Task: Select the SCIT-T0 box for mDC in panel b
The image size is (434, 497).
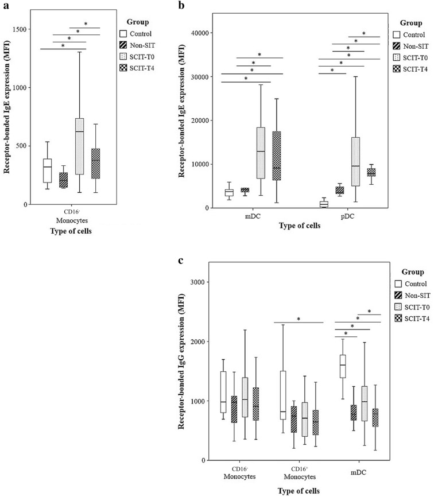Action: tap(261, 153)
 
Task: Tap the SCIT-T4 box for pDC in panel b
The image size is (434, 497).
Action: tap(387, 172)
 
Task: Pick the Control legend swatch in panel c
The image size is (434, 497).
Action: tap(399, 284)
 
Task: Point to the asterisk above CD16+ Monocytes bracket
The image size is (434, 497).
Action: tap(299, 319)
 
